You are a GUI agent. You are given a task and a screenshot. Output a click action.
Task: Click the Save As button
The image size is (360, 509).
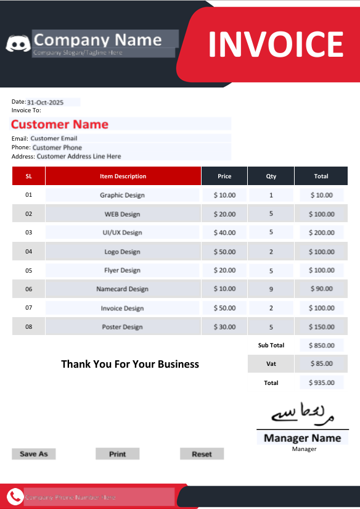33,454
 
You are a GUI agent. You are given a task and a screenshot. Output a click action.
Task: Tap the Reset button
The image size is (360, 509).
202,454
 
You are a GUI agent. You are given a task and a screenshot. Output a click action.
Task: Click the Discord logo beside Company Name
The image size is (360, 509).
18,43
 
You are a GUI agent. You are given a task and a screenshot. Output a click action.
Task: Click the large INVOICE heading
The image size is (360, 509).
275,44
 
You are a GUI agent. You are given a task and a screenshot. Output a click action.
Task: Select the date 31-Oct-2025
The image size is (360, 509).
45,102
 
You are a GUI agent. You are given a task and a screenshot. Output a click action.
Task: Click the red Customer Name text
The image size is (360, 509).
60,125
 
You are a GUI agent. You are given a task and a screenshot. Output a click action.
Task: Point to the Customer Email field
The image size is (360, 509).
54,138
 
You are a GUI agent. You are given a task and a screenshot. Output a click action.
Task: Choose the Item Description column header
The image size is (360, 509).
123,176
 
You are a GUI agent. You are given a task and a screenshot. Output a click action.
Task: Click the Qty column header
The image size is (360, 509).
271,176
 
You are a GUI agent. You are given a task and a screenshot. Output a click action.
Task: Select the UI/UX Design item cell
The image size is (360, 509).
122,233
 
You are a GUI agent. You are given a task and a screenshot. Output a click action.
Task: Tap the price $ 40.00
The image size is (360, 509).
224,233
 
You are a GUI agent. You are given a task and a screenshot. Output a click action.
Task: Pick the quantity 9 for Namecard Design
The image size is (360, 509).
271,289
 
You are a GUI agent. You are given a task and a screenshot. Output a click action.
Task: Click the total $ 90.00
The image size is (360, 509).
321,289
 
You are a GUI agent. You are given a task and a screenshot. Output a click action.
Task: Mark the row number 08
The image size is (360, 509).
28,327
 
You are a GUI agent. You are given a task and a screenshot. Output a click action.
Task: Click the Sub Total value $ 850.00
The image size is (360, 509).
321,346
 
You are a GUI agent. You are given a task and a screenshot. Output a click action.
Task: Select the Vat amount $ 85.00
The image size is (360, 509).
321,364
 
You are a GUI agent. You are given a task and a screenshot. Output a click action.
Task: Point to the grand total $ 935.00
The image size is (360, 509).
321,383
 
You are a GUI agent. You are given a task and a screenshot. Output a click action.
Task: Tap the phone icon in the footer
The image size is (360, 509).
15,496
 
